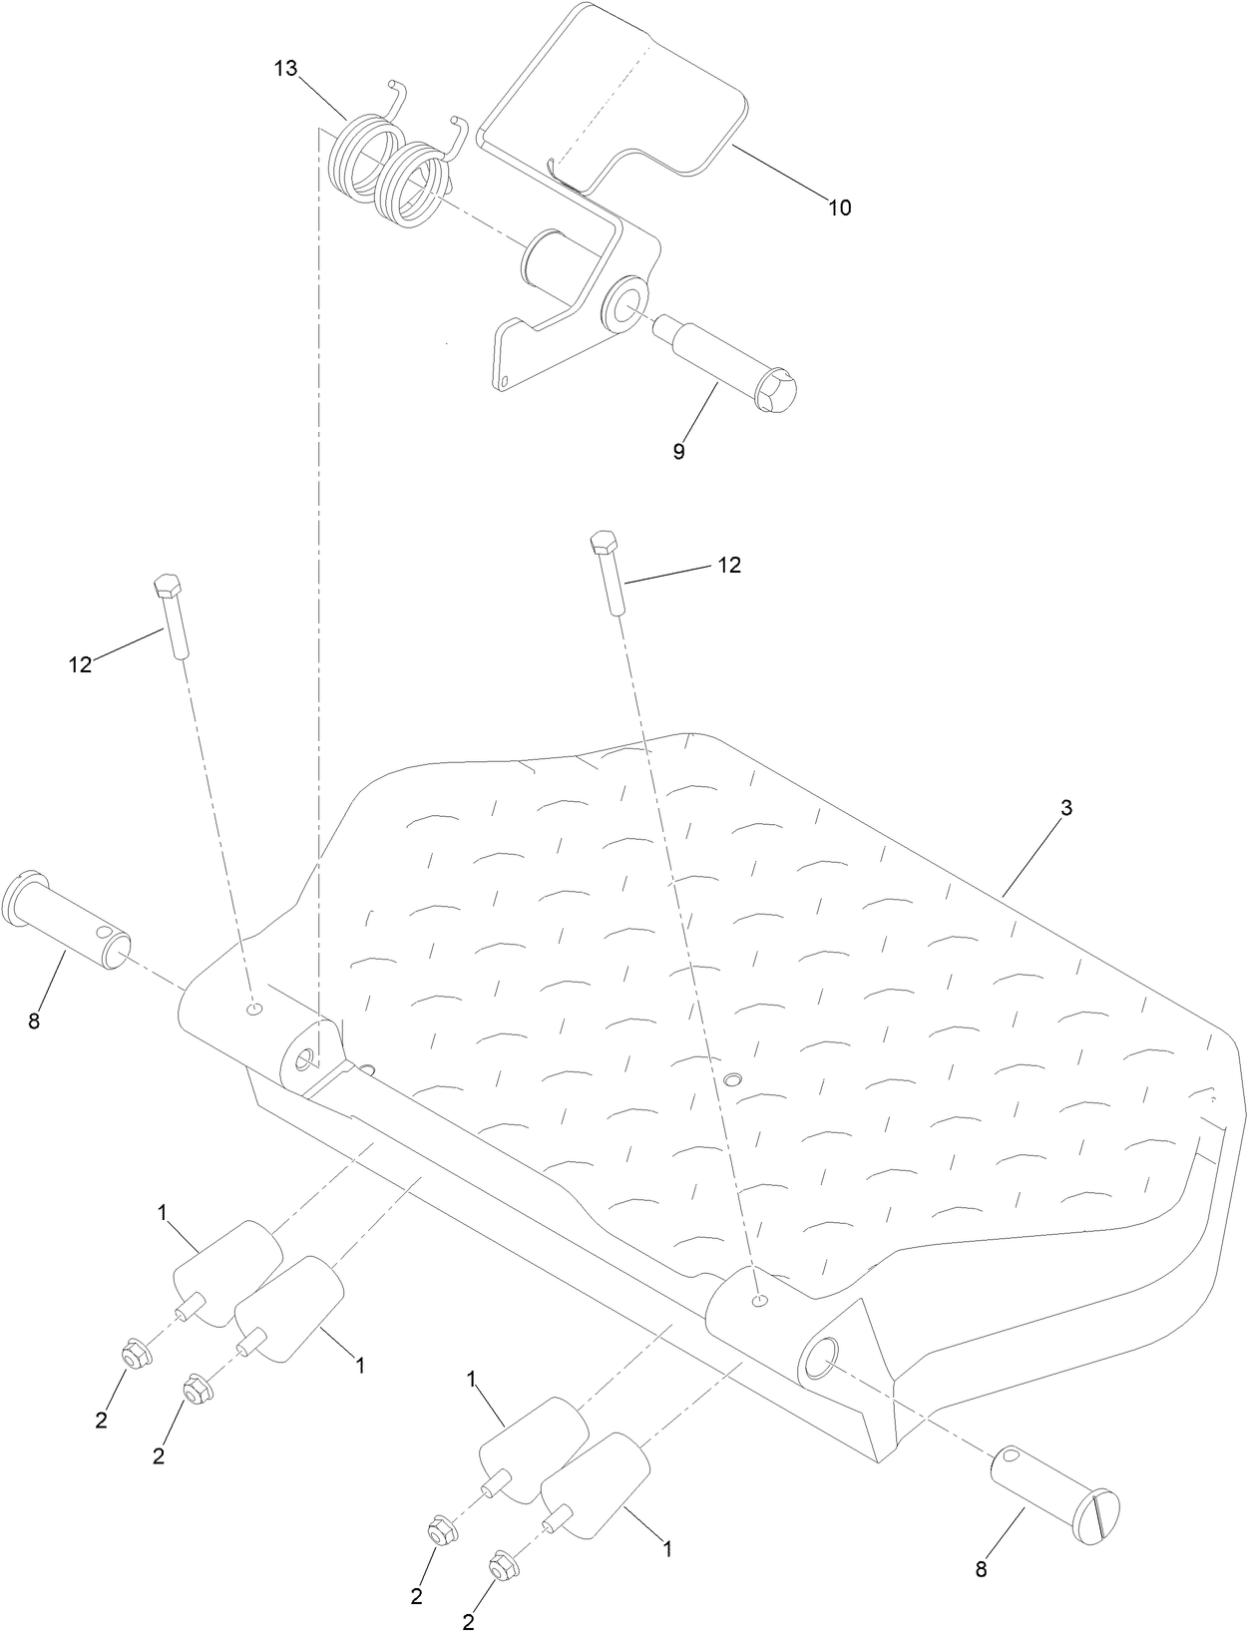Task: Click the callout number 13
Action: coord(285,68)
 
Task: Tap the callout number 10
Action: coord(839,207)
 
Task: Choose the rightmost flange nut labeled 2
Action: coord(501,1567)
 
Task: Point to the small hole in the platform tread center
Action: coord(733,1079)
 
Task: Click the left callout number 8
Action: coord(34,1022)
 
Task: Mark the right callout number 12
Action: coord(729,565)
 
